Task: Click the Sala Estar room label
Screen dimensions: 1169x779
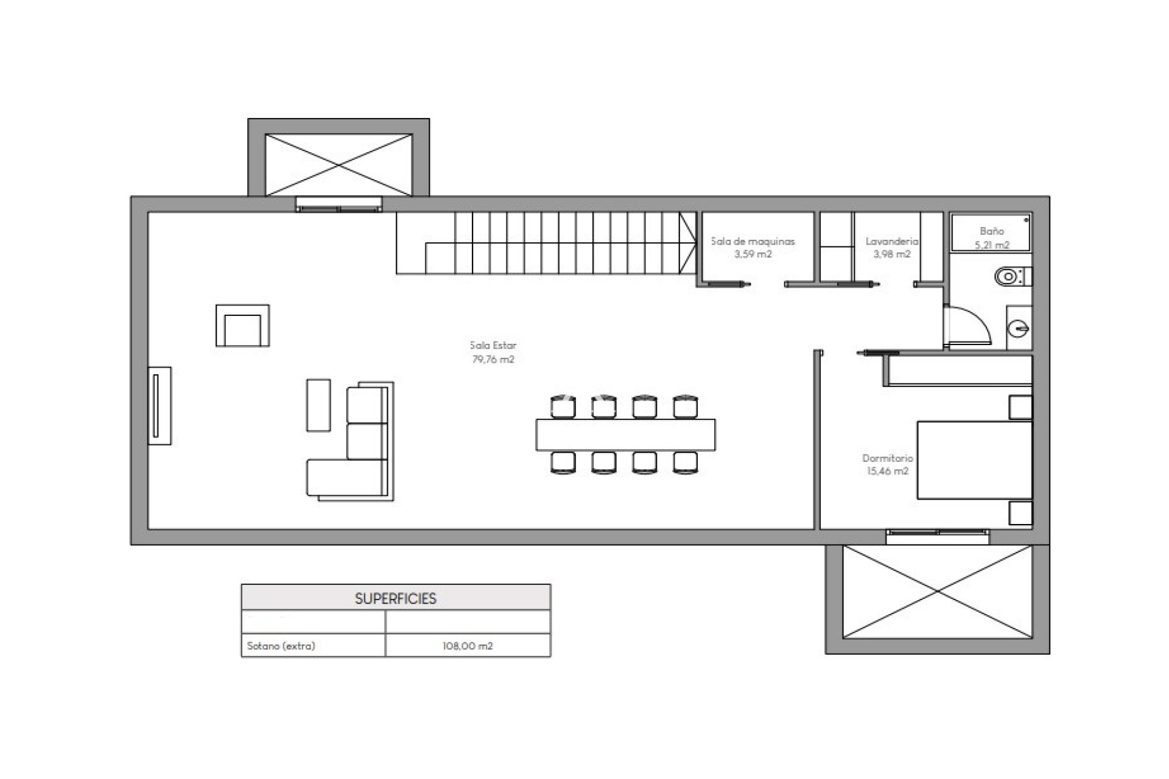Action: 493,345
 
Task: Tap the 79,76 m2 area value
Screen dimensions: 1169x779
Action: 493,359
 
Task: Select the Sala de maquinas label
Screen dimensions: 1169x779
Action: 753,241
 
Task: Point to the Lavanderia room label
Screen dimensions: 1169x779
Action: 892,241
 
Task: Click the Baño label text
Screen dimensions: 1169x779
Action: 992,231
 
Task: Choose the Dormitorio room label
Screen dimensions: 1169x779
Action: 887,458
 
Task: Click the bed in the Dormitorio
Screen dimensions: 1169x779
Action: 975,460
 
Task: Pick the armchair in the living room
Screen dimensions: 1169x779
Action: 242,326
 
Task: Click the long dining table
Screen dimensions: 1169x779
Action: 625,434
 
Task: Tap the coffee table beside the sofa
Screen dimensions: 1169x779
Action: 318,405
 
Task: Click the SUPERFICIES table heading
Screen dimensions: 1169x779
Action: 396,599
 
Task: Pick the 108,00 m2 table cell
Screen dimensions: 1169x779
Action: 468,646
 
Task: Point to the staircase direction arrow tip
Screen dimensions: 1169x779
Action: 697,243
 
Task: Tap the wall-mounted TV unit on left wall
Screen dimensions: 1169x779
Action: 160,405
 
